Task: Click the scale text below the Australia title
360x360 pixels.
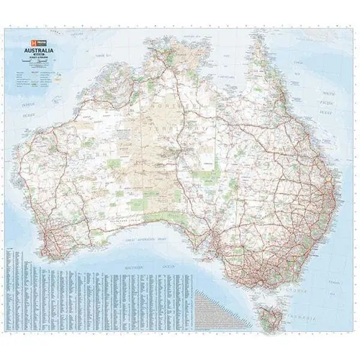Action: [42, 57]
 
